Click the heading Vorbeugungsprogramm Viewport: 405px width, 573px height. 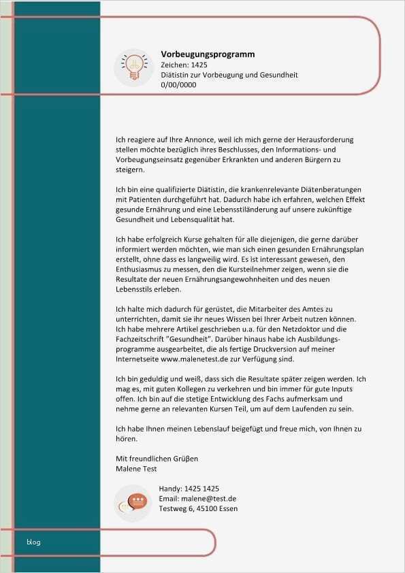click(208, 54)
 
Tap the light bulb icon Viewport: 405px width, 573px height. click(133, 67)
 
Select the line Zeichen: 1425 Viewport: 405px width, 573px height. click(184, 65)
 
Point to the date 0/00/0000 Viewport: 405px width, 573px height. click(178, 85)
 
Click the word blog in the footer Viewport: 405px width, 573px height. click(33, 542)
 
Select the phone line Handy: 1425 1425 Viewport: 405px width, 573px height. click(189, 489)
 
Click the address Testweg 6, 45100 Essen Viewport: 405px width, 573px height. click(198, 508)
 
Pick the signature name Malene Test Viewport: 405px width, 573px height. click(137, 468)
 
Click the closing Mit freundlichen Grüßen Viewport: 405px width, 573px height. click(157, 459)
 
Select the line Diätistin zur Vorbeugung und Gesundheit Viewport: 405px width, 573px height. click(229, 75)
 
